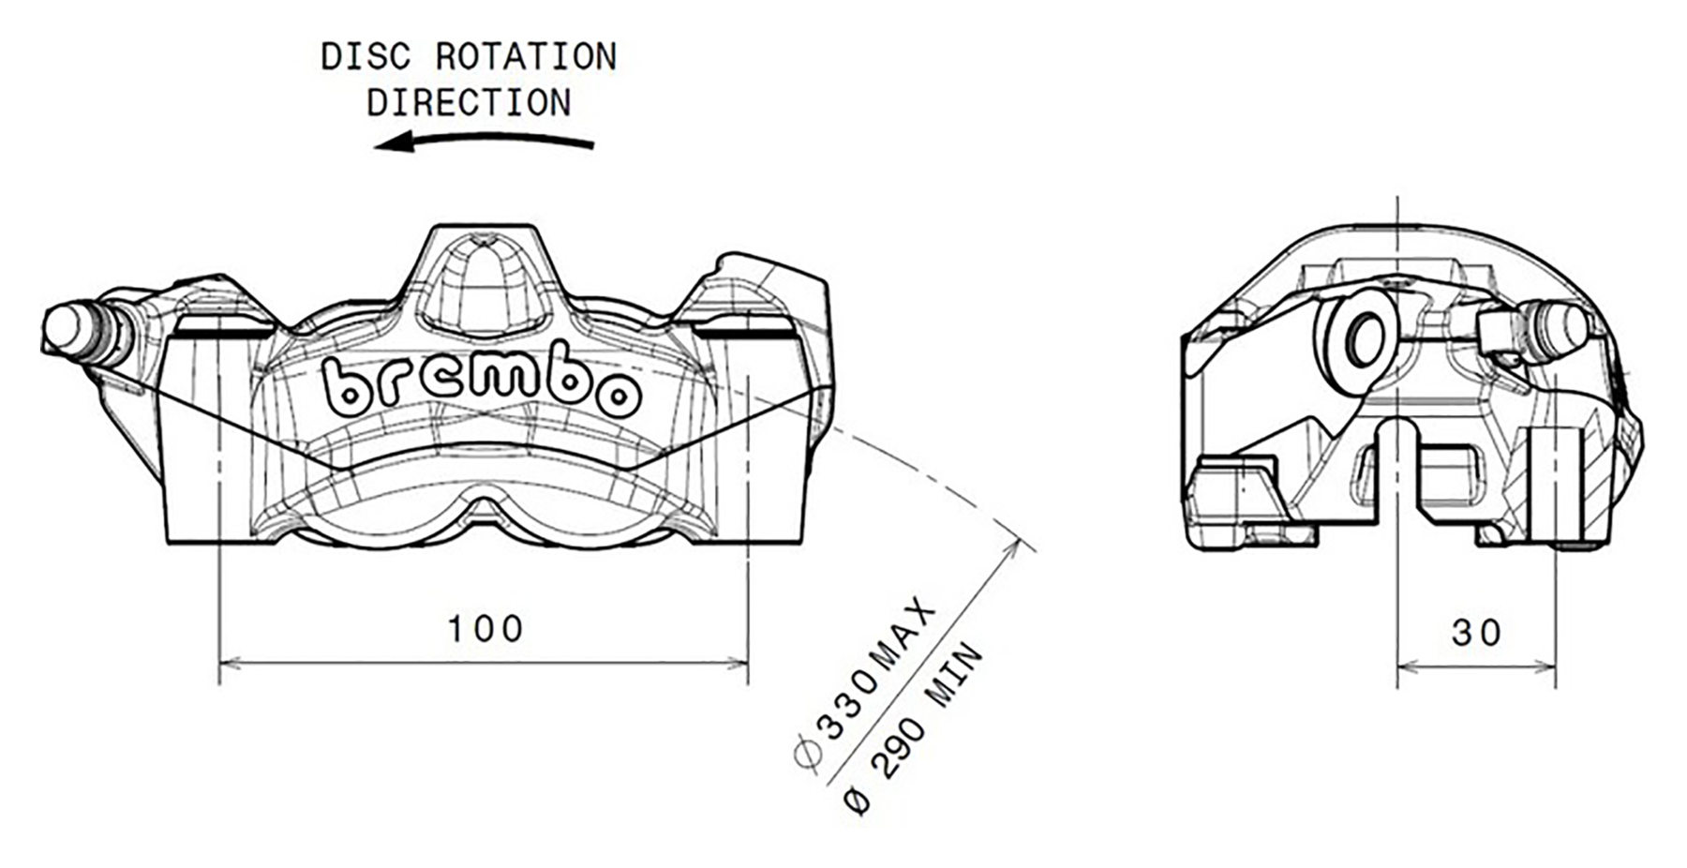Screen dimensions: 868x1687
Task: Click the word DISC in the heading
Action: coord(365,57)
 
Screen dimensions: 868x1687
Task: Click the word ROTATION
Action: coord(526,57)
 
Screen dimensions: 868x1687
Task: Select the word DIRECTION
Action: coord(469,103)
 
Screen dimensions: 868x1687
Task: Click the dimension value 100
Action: coord(485,629)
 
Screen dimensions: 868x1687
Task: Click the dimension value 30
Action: coord(1476,634)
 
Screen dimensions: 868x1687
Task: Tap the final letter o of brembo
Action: coord(620,394)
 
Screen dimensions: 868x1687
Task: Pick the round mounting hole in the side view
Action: coord(1365,339)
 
